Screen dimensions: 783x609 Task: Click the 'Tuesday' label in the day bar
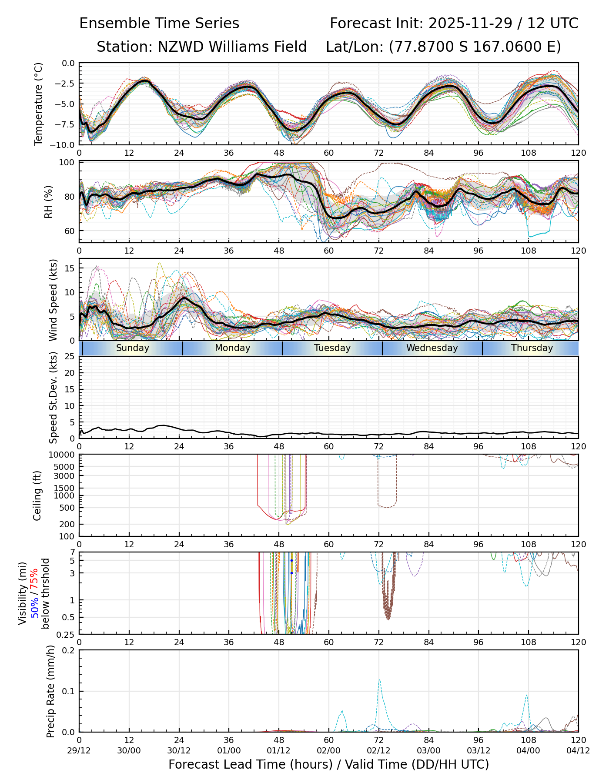(332, 348)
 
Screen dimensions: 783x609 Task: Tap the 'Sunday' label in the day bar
(133, 348)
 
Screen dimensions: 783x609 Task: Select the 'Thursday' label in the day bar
(532, 348)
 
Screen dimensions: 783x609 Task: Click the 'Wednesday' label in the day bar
(432, 348)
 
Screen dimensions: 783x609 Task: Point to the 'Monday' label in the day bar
(233, 348)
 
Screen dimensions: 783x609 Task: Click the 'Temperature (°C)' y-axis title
(39, 104)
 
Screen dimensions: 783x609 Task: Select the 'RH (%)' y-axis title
(48, 202)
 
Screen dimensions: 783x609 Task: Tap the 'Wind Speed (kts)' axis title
(53, 300)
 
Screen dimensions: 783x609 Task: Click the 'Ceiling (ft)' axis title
(37, 495)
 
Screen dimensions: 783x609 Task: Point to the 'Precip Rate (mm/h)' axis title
(51, 691)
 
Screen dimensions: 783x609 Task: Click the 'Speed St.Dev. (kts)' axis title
(53, 397)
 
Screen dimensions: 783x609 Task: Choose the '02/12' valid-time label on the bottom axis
(378, 750)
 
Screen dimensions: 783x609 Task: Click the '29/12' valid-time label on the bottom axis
(79, 750)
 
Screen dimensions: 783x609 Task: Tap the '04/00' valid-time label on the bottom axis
(529, 750)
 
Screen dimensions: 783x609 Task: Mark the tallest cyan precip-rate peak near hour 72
(379, 680)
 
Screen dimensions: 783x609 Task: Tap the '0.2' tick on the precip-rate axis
(68, 650)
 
